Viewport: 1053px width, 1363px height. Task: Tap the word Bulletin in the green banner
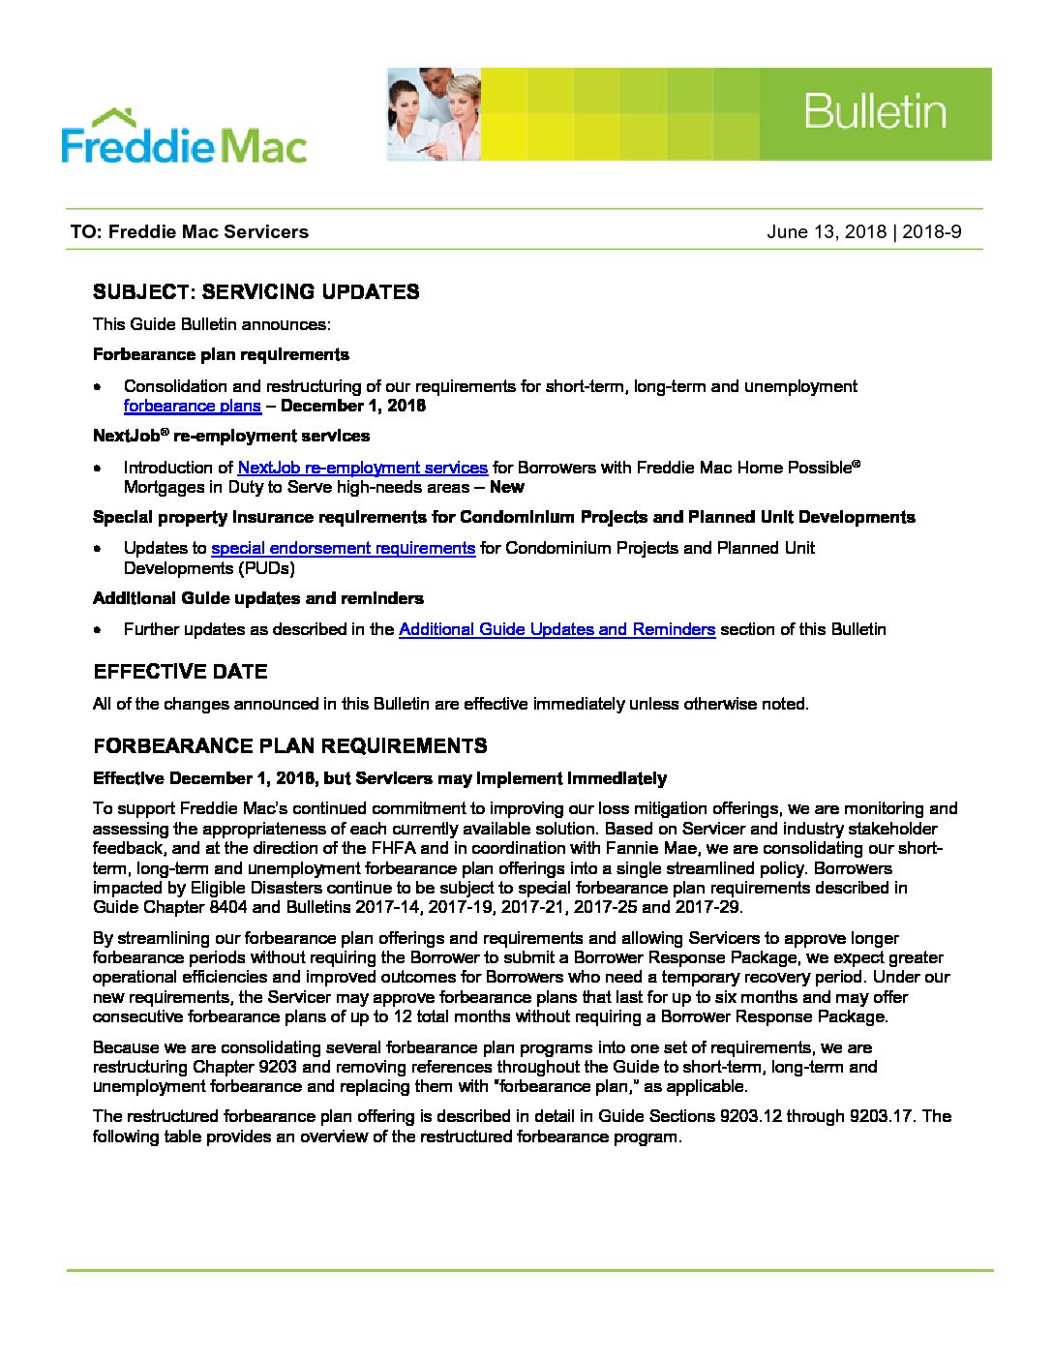pos(874,112)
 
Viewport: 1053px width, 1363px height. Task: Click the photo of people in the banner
pos(434,114)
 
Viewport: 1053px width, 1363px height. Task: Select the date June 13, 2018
pos(827,231)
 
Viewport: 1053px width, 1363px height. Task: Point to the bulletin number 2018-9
pos(932,231)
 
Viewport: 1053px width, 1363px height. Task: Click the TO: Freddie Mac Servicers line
pos(190,231)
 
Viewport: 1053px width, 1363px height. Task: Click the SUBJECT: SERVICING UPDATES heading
pos(256,292)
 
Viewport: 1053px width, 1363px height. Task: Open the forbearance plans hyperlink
pos(192,406)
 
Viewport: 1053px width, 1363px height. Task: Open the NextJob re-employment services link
pos(362,468)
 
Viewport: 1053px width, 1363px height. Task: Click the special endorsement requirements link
pos(343,548)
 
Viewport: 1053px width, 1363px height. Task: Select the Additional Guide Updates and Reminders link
pos(557,629)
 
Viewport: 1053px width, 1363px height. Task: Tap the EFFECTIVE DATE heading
pos(180,672)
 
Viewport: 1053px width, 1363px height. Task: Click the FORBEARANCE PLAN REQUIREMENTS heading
pos(290,746)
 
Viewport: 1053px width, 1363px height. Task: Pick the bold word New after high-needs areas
pos(506,487)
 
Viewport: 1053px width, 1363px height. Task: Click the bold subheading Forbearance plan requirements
pos(221,354)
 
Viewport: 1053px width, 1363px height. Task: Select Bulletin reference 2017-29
pos(707,907)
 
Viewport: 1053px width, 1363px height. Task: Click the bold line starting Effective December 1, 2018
pos(379,778)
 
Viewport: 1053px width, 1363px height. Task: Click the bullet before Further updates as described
pos(99,629)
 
